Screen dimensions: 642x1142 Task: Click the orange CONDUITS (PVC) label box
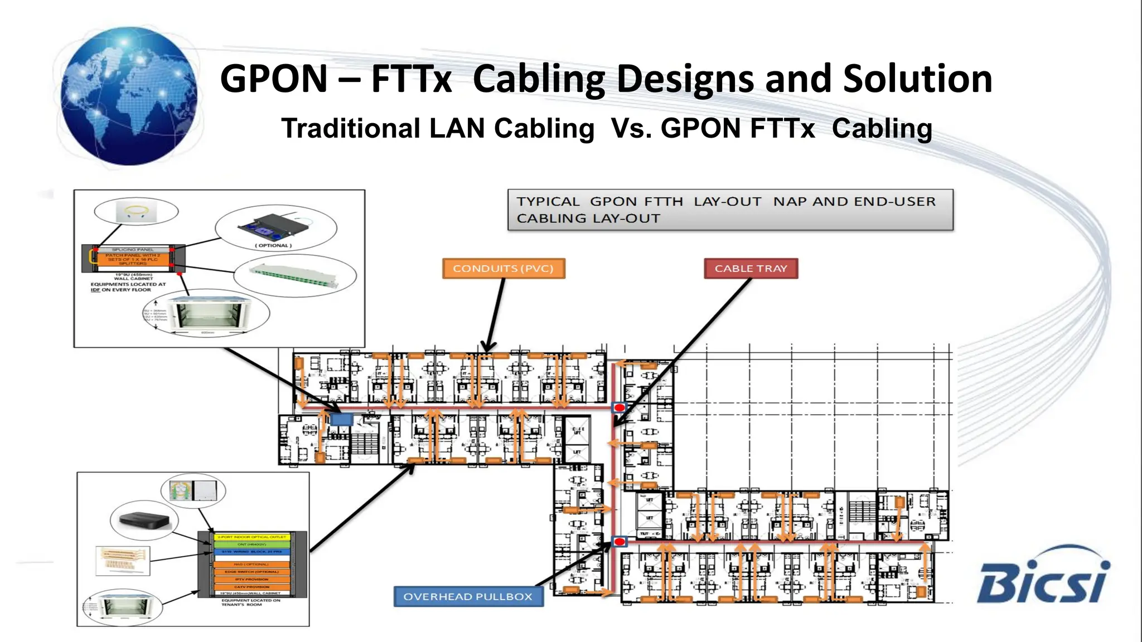pos(503,269)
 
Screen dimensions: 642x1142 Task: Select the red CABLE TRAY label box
pos(751,269)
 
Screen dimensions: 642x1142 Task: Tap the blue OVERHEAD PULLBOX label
pos(468,596)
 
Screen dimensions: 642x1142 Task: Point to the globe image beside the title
pos(129,96)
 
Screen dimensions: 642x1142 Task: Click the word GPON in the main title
pos(274,79)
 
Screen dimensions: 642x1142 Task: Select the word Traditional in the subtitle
pos(350,129)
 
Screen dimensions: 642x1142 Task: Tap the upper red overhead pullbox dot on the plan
pos(620,407)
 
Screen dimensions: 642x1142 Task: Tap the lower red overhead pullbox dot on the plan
pos(620,541)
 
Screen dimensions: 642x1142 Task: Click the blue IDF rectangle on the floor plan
pos(341,419)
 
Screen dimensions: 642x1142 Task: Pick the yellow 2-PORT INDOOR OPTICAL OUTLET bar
pos(251,537)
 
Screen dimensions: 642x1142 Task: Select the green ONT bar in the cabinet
pos(251,544)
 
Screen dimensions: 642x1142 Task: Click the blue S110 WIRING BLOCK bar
pos(251,551)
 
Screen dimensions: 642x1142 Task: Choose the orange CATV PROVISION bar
pos(251,586)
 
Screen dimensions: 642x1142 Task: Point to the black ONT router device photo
pos(144,521)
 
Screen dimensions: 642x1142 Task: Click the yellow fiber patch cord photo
pos(137,211)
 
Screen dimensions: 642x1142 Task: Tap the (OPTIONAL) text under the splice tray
pos(273,245)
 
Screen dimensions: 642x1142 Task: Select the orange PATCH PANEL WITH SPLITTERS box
pos(133,259)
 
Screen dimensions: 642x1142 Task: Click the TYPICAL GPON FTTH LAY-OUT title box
pos(730,210)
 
